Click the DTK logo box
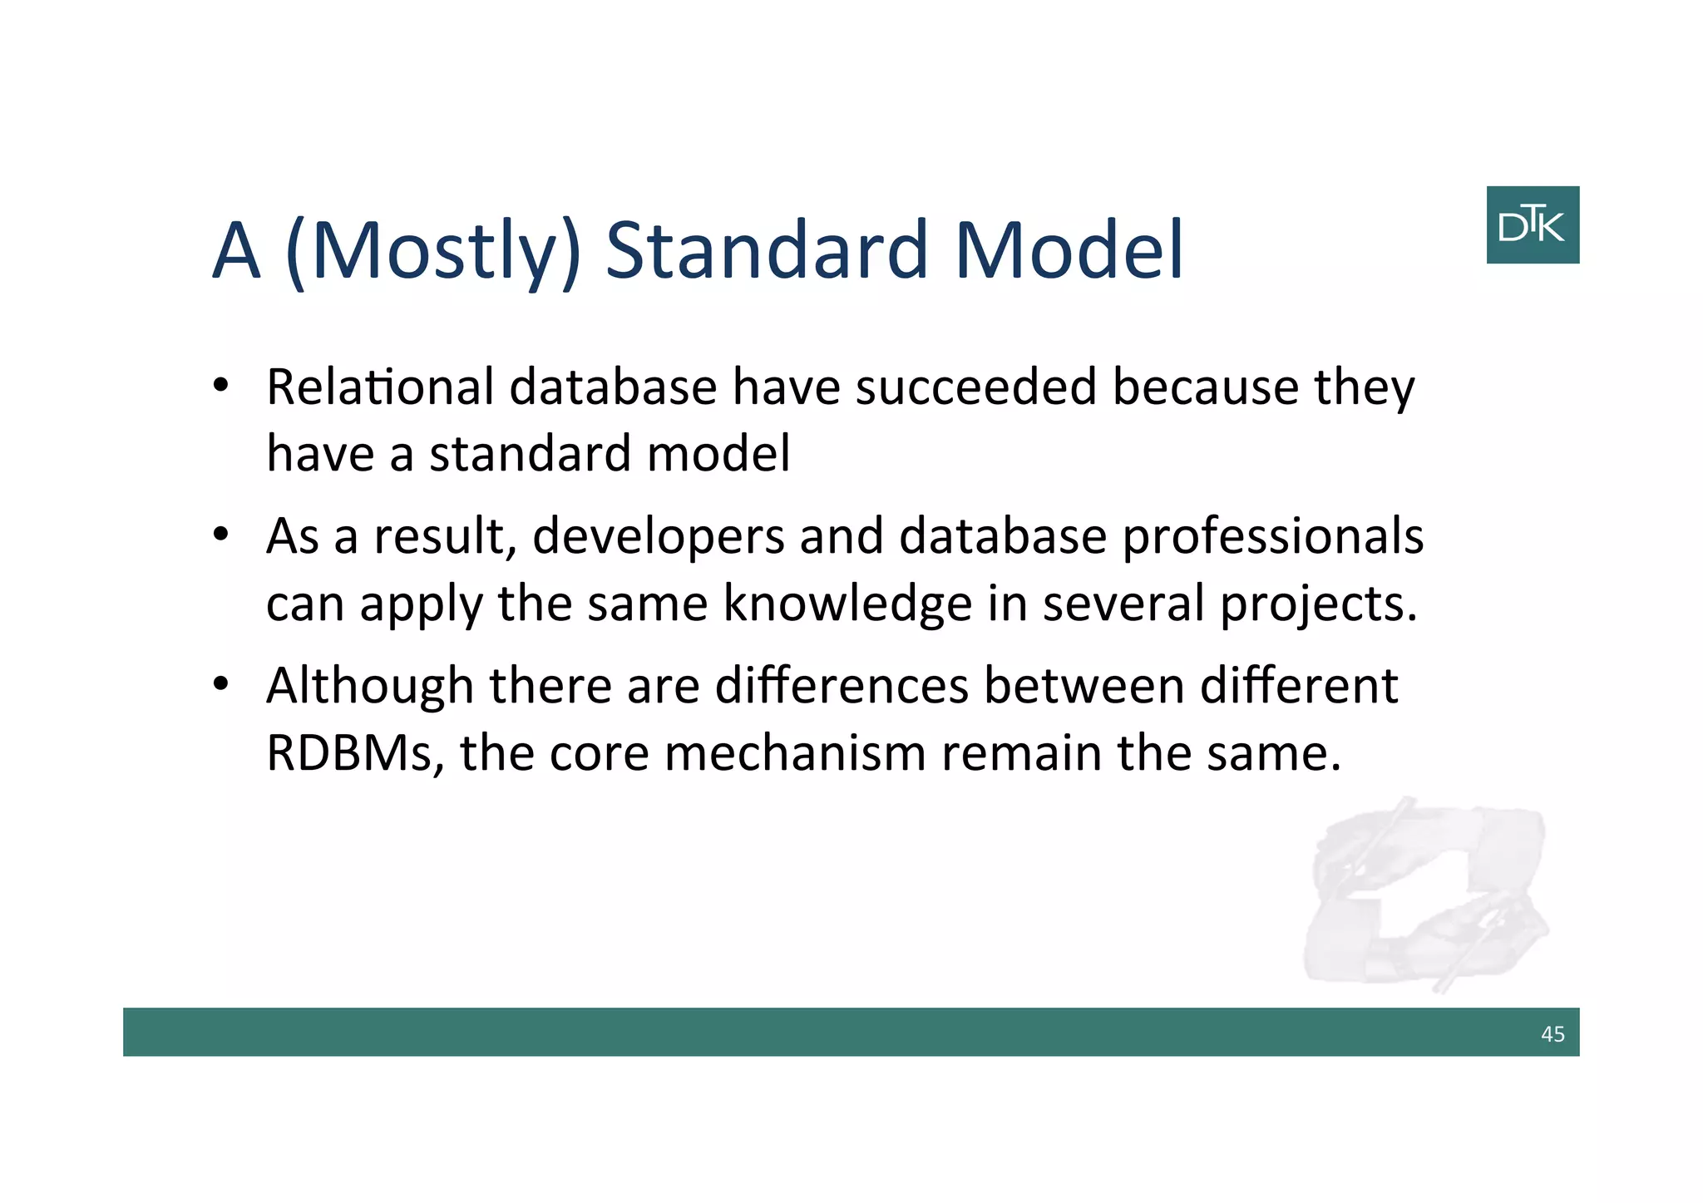(1532, 224)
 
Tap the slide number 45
(1552, 1033)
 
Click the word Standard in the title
(766, 249)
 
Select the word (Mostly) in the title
(432, 251)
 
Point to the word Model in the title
(1069, 249)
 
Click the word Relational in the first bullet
(380, 387)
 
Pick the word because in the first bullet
(1205, 387)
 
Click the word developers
(658, 538)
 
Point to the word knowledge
(847, 604)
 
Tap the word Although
(369, 688)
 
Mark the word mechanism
(795, 753)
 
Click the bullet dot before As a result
(220, 534)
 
